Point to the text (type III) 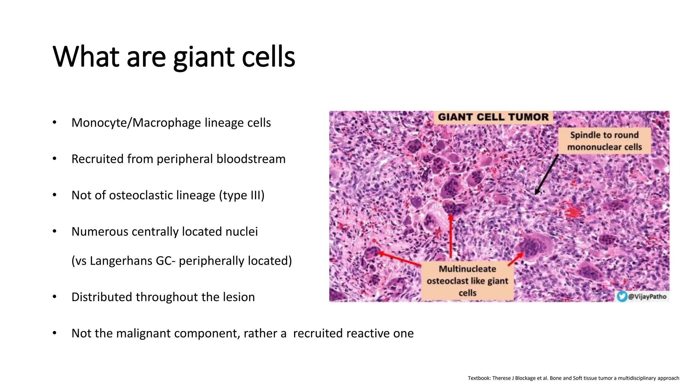point(241,195)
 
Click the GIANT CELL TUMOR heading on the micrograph point(493,117)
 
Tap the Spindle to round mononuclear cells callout point(604,141)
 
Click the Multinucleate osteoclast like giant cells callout point(467,281)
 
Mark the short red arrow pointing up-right point(516,259)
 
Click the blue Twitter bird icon point(622,296)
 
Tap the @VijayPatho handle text point(647,297)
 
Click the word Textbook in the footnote point(479,378)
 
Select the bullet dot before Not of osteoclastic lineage point(54,195)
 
